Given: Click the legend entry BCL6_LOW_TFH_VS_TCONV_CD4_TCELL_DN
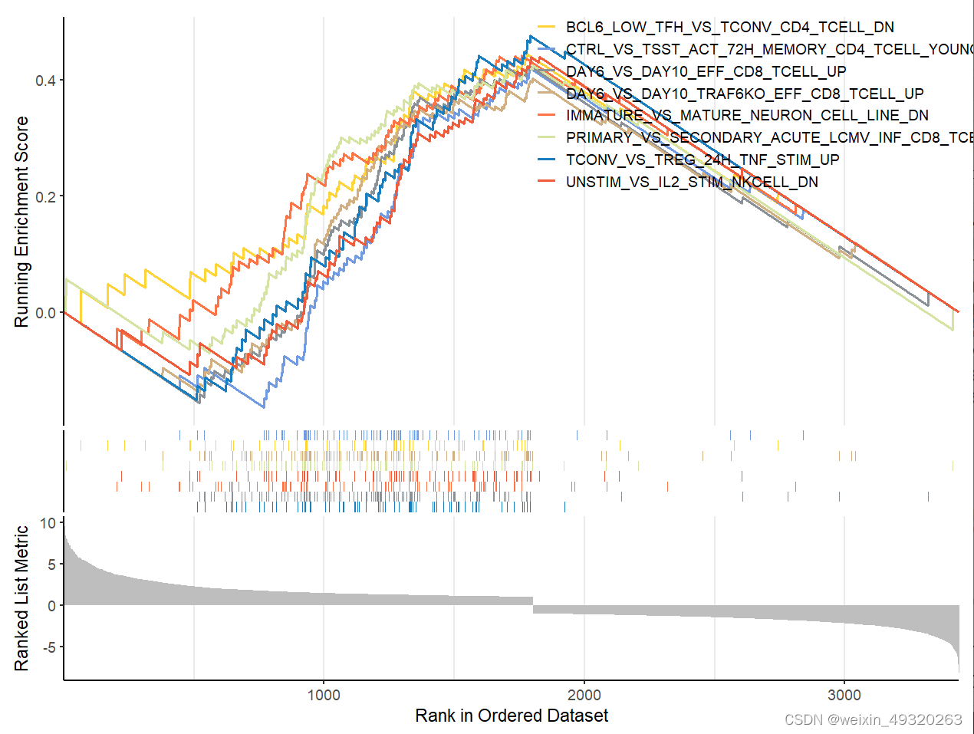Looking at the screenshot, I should click(729, 28).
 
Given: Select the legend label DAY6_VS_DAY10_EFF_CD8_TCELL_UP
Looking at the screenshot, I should click(706, 71).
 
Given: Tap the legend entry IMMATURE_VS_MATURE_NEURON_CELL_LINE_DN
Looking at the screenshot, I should click(747, 116).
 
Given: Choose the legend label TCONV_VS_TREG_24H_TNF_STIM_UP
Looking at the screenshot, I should click(703, 160).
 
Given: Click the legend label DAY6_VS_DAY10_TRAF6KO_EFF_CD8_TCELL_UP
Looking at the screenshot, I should click(745, 94).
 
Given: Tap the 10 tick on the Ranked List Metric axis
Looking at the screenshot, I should click(48, 523).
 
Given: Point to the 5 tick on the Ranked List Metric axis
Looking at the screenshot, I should click(51, 564).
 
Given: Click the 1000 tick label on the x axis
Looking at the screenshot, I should click(324, 695).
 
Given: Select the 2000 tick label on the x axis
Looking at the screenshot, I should click(584, 695).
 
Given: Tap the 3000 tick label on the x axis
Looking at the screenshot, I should click(844, 695).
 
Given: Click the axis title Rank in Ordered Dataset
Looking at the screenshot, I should click(512, 716).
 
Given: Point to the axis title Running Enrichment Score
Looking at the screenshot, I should click(21, 222).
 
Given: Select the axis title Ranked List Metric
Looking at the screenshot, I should click(21, 597).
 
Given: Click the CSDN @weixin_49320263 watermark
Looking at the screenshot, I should click(874, 719).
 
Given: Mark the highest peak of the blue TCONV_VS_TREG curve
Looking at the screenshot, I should click(530, 36).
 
